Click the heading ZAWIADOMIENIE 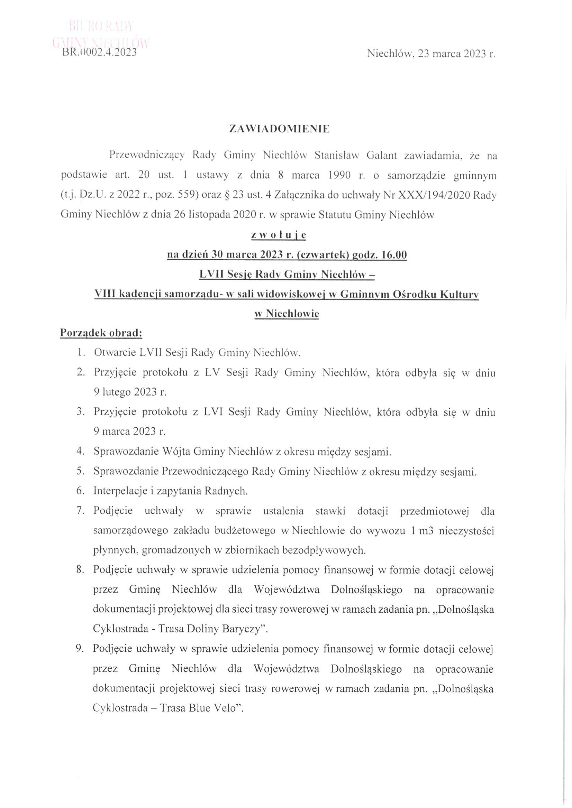(x=279, y=129)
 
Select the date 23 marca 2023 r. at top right (x=456, y=54)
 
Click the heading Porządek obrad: (x=101, y=333)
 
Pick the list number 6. (x=80, y=491)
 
